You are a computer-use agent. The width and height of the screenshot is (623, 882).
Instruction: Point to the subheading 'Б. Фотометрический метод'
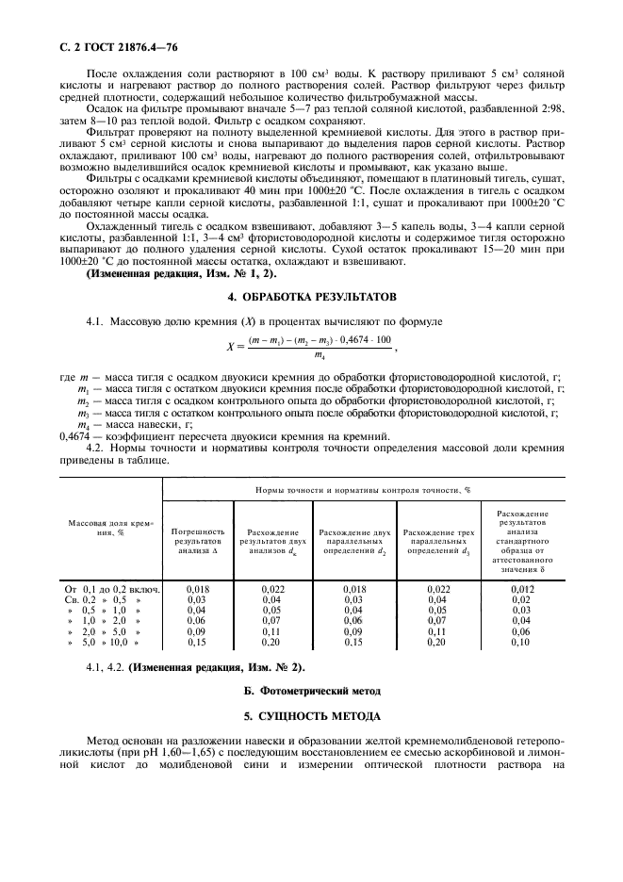coord(311,692)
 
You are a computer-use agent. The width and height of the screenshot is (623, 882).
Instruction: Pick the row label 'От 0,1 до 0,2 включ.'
coord(110,589)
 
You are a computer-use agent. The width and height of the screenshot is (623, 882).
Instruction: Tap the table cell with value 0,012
coord(520,589)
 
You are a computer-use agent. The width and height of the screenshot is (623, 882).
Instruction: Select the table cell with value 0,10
coord(520,643)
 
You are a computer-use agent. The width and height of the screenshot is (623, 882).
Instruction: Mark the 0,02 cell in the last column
coord(520,599)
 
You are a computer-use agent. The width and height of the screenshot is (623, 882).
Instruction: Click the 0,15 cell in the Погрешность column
coord(197,643)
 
